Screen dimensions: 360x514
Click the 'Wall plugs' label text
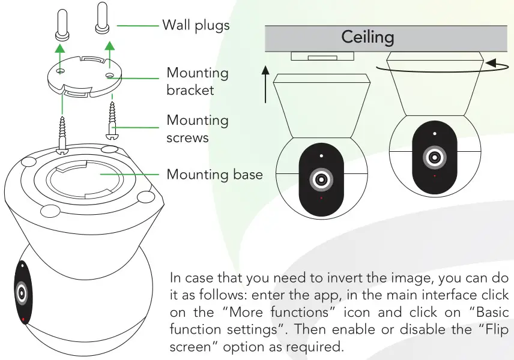pyautogui.click(x=196, y=25)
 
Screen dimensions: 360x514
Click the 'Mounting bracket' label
pyautogui.click(x=198, y=81)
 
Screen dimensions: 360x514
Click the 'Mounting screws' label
pyautogui.click(x=198, y=128)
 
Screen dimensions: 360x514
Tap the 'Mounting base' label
pyautogui.click(x=214, y=175)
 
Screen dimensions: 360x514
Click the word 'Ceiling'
pyautogui.click(x=367, y=37)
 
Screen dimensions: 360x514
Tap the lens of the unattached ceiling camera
pyautogui.click(x=321, y=179)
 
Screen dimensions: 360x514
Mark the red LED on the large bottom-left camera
pyautogui.click(x=23, y=320)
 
